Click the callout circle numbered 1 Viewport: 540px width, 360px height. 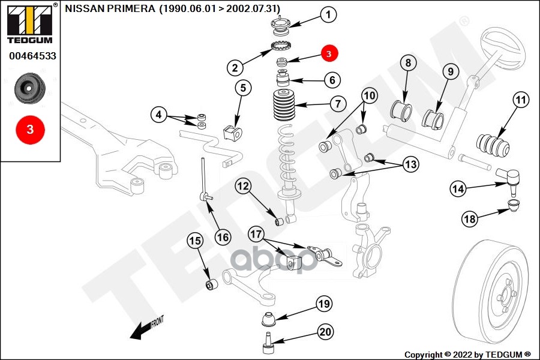[x=329, y=15]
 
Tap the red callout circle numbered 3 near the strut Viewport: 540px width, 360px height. [x=329, y=53]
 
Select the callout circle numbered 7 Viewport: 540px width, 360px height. [x=338, y=104]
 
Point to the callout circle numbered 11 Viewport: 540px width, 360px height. [x=521, y=100]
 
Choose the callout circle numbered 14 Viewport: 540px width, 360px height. [x=458, y=188]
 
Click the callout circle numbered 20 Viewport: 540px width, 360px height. [x=325, y=332]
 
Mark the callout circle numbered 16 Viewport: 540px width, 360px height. [x=223, y=237]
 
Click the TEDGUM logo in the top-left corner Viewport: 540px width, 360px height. [x=31, y=23]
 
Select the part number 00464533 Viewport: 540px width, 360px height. [x=33, y=56]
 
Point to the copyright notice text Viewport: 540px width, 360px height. [x=467, y=355]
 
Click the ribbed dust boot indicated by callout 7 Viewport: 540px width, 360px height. [x=284, y=105]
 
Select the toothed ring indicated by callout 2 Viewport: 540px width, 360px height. [x=281, y=45]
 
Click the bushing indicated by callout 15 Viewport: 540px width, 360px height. [x=211, y=284]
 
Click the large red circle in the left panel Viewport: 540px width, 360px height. [x=31, y=130]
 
